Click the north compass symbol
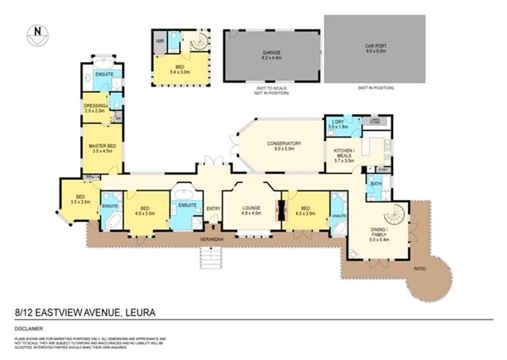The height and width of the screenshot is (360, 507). [36, 33]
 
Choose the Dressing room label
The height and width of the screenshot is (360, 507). [94, 107]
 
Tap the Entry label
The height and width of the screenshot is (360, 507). [214, 209]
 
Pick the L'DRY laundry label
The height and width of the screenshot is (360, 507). [338, 123]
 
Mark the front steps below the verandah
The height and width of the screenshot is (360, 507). [212, 256]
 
